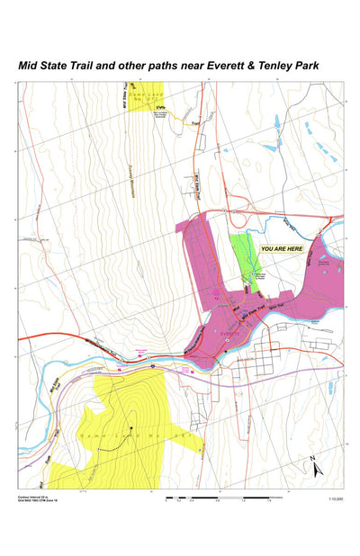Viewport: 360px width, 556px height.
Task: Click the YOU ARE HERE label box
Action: click(281, 247)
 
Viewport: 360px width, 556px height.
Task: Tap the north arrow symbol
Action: click(315, 467)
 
